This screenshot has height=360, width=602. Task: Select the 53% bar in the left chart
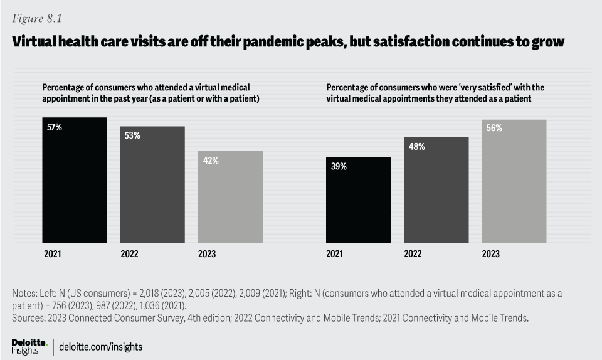point(152,184)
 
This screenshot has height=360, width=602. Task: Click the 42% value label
point(211,161)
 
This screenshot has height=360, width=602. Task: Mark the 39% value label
point(339,167)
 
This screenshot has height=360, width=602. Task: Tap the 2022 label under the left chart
point(129,254)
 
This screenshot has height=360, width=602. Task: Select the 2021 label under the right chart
point(335,254)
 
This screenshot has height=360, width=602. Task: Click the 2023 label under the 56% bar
point(490,254)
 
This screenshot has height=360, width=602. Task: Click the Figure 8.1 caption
point(36,18)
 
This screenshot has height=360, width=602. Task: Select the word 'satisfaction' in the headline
point(426,42)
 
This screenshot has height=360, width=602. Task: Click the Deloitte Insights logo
point(29,346)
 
